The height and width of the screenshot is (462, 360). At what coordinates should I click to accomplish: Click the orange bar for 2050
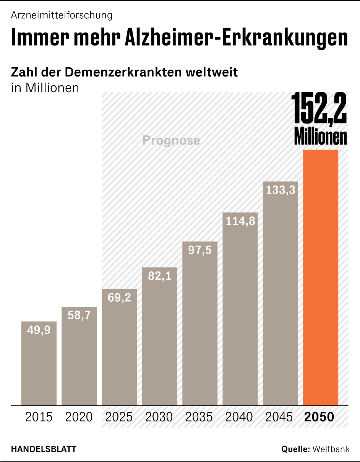(321, 277)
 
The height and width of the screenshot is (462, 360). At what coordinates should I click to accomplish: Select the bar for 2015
(39, 363)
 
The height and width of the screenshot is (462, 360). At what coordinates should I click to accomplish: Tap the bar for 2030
(160, 337)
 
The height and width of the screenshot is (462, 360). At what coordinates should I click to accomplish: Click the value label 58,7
(79, 316)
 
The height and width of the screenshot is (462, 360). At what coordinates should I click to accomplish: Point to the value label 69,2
(119, 298)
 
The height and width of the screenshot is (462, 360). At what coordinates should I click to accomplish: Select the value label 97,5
(200, 251)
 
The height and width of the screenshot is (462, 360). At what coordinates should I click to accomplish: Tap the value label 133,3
(281, 190)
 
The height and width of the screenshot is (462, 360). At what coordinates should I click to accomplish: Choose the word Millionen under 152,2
(320, 137)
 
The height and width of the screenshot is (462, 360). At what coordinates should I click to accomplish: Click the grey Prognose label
(171, 140)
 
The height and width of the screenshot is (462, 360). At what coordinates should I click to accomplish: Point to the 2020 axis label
(79, 416)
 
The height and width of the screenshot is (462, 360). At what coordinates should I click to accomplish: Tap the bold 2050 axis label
(319, 416)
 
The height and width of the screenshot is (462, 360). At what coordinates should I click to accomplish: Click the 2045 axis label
(279, 416)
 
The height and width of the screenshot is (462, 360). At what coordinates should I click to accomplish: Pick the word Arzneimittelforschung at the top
(62, 15)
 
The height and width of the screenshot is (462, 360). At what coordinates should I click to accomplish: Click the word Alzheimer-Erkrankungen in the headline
(236, 37)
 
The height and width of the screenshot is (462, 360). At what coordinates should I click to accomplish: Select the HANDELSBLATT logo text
(43, 449)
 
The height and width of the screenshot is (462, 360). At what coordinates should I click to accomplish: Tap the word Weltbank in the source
(331, 449)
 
